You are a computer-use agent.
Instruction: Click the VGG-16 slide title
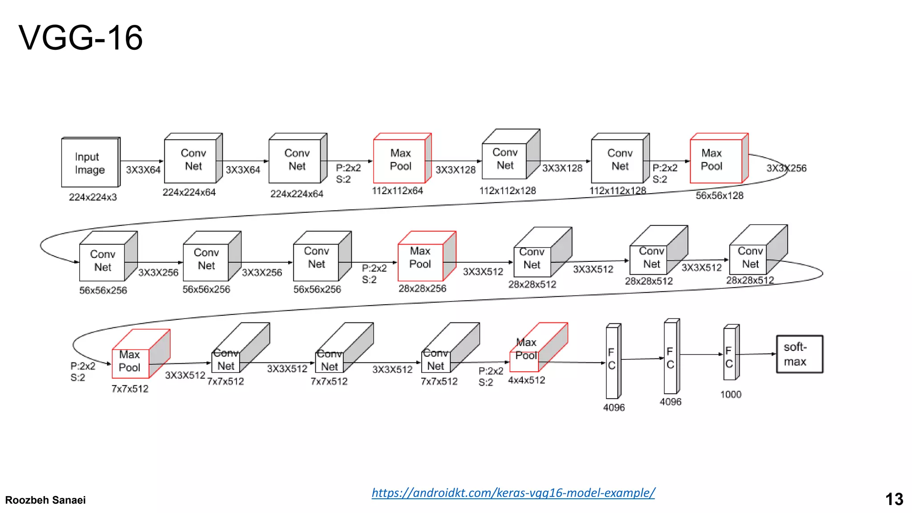tap(81, 38)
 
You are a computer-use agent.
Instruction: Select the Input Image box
tap(90, 163)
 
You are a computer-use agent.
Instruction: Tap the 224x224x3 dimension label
tap(93, 197)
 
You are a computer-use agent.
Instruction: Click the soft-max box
tap(799, 354)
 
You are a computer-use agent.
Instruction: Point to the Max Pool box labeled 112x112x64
tap(400, 160)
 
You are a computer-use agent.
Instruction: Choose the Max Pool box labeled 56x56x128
tap(716, 160)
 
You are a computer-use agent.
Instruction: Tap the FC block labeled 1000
tap(729, 357)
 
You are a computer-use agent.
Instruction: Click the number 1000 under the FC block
tap(731, 395)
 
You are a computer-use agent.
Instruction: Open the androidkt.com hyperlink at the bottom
tap(513, 493)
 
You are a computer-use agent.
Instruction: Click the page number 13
tap(894, 499)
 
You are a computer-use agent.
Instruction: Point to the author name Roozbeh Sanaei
tap(45, 500)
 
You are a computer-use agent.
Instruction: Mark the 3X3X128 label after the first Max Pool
tap(455, 170)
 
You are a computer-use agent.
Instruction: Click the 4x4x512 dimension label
tap(526, 380)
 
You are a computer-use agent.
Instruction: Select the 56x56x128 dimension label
tap(720, 195)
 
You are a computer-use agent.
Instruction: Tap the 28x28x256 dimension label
tap(422, 289)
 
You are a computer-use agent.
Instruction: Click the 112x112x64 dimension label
tap(397, 191)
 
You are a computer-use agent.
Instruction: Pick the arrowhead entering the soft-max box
tap(774, 354)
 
